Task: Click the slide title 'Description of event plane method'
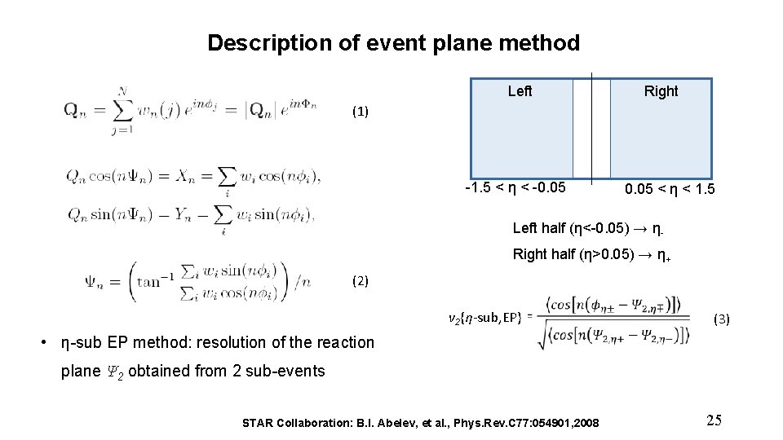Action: click(393, 43)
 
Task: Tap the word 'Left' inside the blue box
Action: click(520, 91)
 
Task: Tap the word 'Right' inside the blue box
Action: click(661, 91)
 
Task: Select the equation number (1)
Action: click(361, 111)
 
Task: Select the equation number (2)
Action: click(361, 281)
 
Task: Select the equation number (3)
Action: click(722, 319)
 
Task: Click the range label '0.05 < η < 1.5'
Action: click(670, 190)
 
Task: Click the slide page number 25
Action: click(714, 420)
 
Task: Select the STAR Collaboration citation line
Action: click(421, 423)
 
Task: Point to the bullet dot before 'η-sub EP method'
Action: click(44, 343)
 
